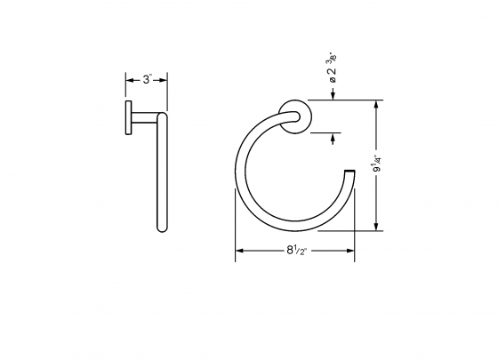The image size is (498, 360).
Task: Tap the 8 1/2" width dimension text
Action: click(295, 251)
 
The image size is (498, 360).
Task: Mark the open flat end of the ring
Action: click(349, 168)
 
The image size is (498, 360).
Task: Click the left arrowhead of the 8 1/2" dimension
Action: click(238, 251)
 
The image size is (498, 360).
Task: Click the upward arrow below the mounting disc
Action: click(334, 138)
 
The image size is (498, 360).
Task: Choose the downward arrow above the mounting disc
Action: click(334, 99)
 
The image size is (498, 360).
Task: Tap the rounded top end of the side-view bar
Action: click(162, 115)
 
